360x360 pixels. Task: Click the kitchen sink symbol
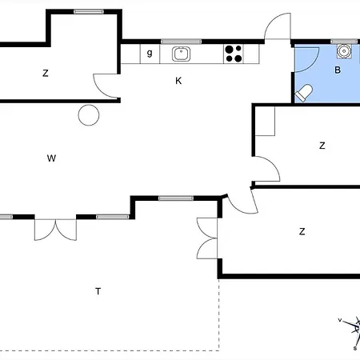click(x=181, y=54)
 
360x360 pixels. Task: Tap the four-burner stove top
click(x=234, y=54)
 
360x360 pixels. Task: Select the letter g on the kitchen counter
click(x=150, y=53)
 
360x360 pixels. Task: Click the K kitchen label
click(x=178, y=81)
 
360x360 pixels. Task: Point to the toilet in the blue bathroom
click(x=304, y=93)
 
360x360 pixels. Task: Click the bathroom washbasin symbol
click(x=344, y=51)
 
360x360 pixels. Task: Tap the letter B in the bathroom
click(x=338, y=70)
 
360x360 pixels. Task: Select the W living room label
click(x=51, y=158)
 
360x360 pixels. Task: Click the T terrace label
click(x=98, y=291)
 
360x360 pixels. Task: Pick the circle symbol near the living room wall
click(x=89, y=115)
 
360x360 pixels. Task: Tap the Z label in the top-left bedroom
click(x=46, y=73)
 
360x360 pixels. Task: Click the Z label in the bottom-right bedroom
click(x=302, y=231)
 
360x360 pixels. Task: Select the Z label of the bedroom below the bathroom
click(x=322, y=146)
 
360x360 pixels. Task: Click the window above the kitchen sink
click(x=181, y=42)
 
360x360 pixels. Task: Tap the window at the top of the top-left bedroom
click(x=89, y=12)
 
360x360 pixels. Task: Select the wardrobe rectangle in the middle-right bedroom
click(x=265, y=121)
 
